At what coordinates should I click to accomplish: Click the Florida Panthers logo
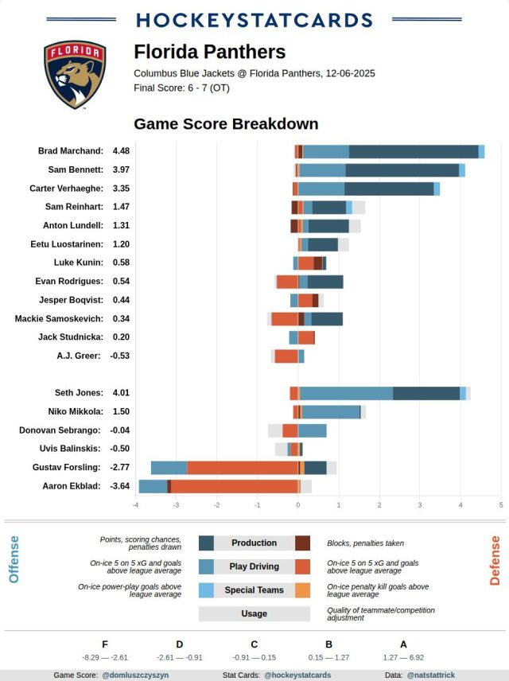pyautogui.click(x=75, y=74)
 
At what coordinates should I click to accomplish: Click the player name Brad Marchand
pyautogui.click(x=71, y=151)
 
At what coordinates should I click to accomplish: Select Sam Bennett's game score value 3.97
pyautogui.click(x=121, y=170)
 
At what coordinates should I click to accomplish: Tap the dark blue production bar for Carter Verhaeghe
pyautogui.click(x=389, y=189)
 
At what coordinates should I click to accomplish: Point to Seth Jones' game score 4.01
pyautogui.click(x=121, y=393)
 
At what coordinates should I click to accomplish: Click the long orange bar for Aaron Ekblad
pyautogui.click(x=234, y=486)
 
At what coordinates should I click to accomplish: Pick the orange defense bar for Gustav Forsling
pyautogui.click(x=243, y=468)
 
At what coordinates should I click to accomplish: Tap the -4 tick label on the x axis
pyautogui.click(x=136, y=504)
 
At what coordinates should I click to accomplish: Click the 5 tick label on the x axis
pyautogui.click(x=501, y=504)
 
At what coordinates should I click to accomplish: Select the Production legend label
pyautogui.click(x=254, y=543)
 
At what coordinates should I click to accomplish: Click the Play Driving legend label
pyautogui.click(x=254, y=566)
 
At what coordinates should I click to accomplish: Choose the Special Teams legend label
pyautogui.click(x=254, y=590)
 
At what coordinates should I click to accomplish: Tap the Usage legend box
pyautogui.click(x=254, y=614)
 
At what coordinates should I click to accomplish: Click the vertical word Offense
pyautogui.click(x=14, y=559)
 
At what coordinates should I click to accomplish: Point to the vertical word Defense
pyautogui.click(x=495, y=560)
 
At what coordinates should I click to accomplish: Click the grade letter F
pyautogui.click(x=105, y=644)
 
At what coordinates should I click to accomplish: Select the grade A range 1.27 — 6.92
pyautogui.click(x=403, y=658)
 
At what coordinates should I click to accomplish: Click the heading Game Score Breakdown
pyautogui.click(x=226, y=124)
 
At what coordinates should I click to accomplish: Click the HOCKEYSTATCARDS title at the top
pyautogui.click(x=254, y=20)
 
